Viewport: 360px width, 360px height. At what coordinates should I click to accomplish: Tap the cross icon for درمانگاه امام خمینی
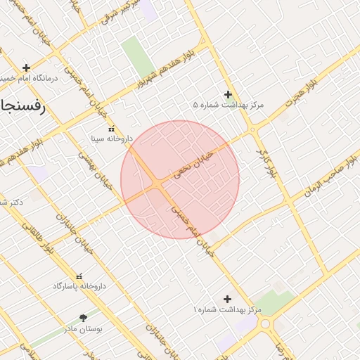click(x=26, y=68)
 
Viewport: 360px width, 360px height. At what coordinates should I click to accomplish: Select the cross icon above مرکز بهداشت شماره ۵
click(x=228, y=94)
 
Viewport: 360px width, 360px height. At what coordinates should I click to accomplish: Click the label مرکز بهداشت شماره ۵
click(x=228, y=105)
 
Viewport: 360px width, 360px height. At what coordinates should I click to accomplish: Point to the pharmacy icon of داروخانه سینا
click(x=110, y=129)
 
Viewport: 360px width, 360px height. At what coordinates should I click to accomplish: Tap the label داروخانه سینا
click(x=110, y=139)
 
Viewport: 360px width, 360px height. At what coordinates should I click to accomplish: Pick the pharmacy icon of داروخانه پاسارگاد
click(x=78, y=276)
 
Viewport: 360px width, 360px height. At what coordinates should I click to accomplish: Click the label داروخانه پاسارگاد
click(x=78, y=286)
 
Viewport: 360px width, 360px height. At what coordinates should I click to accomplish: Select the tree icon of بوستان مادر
click(x=84, y=319)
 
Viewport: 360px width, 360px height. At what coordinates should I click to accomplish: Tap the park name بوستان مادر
click(x=84, y=329)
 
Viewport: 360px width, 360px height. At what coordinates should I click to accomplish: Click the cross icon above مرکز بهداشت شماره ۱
click(x=226, y=299)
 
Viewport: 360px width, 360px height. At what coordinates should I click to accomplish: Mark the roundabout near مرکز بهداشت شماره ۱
click(x=266, y=324)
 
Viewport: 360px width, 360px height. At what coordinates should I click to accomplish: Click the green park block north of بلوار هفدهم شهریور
click(x=138, y=56)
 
